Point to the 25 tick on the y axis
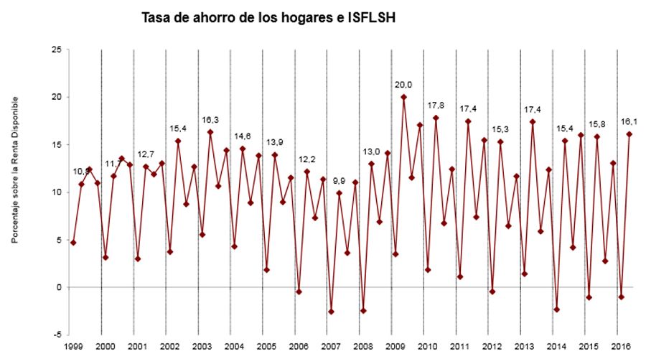click(55, 50)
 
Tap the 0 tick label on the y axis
click(58, 287)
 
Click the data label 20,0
click(403, 84)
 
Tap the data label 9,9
click(339, 180)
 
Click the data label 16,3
click(210, 120)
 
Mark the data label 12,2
click(306, 159)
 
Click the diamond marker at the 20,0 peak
click(403, 97)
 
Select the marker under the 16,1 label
click(629, 134)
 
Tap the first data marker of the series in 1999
click(73, 243)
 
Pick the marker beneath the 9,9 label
click(339, 193)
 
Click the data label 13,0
click(371, 151)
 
